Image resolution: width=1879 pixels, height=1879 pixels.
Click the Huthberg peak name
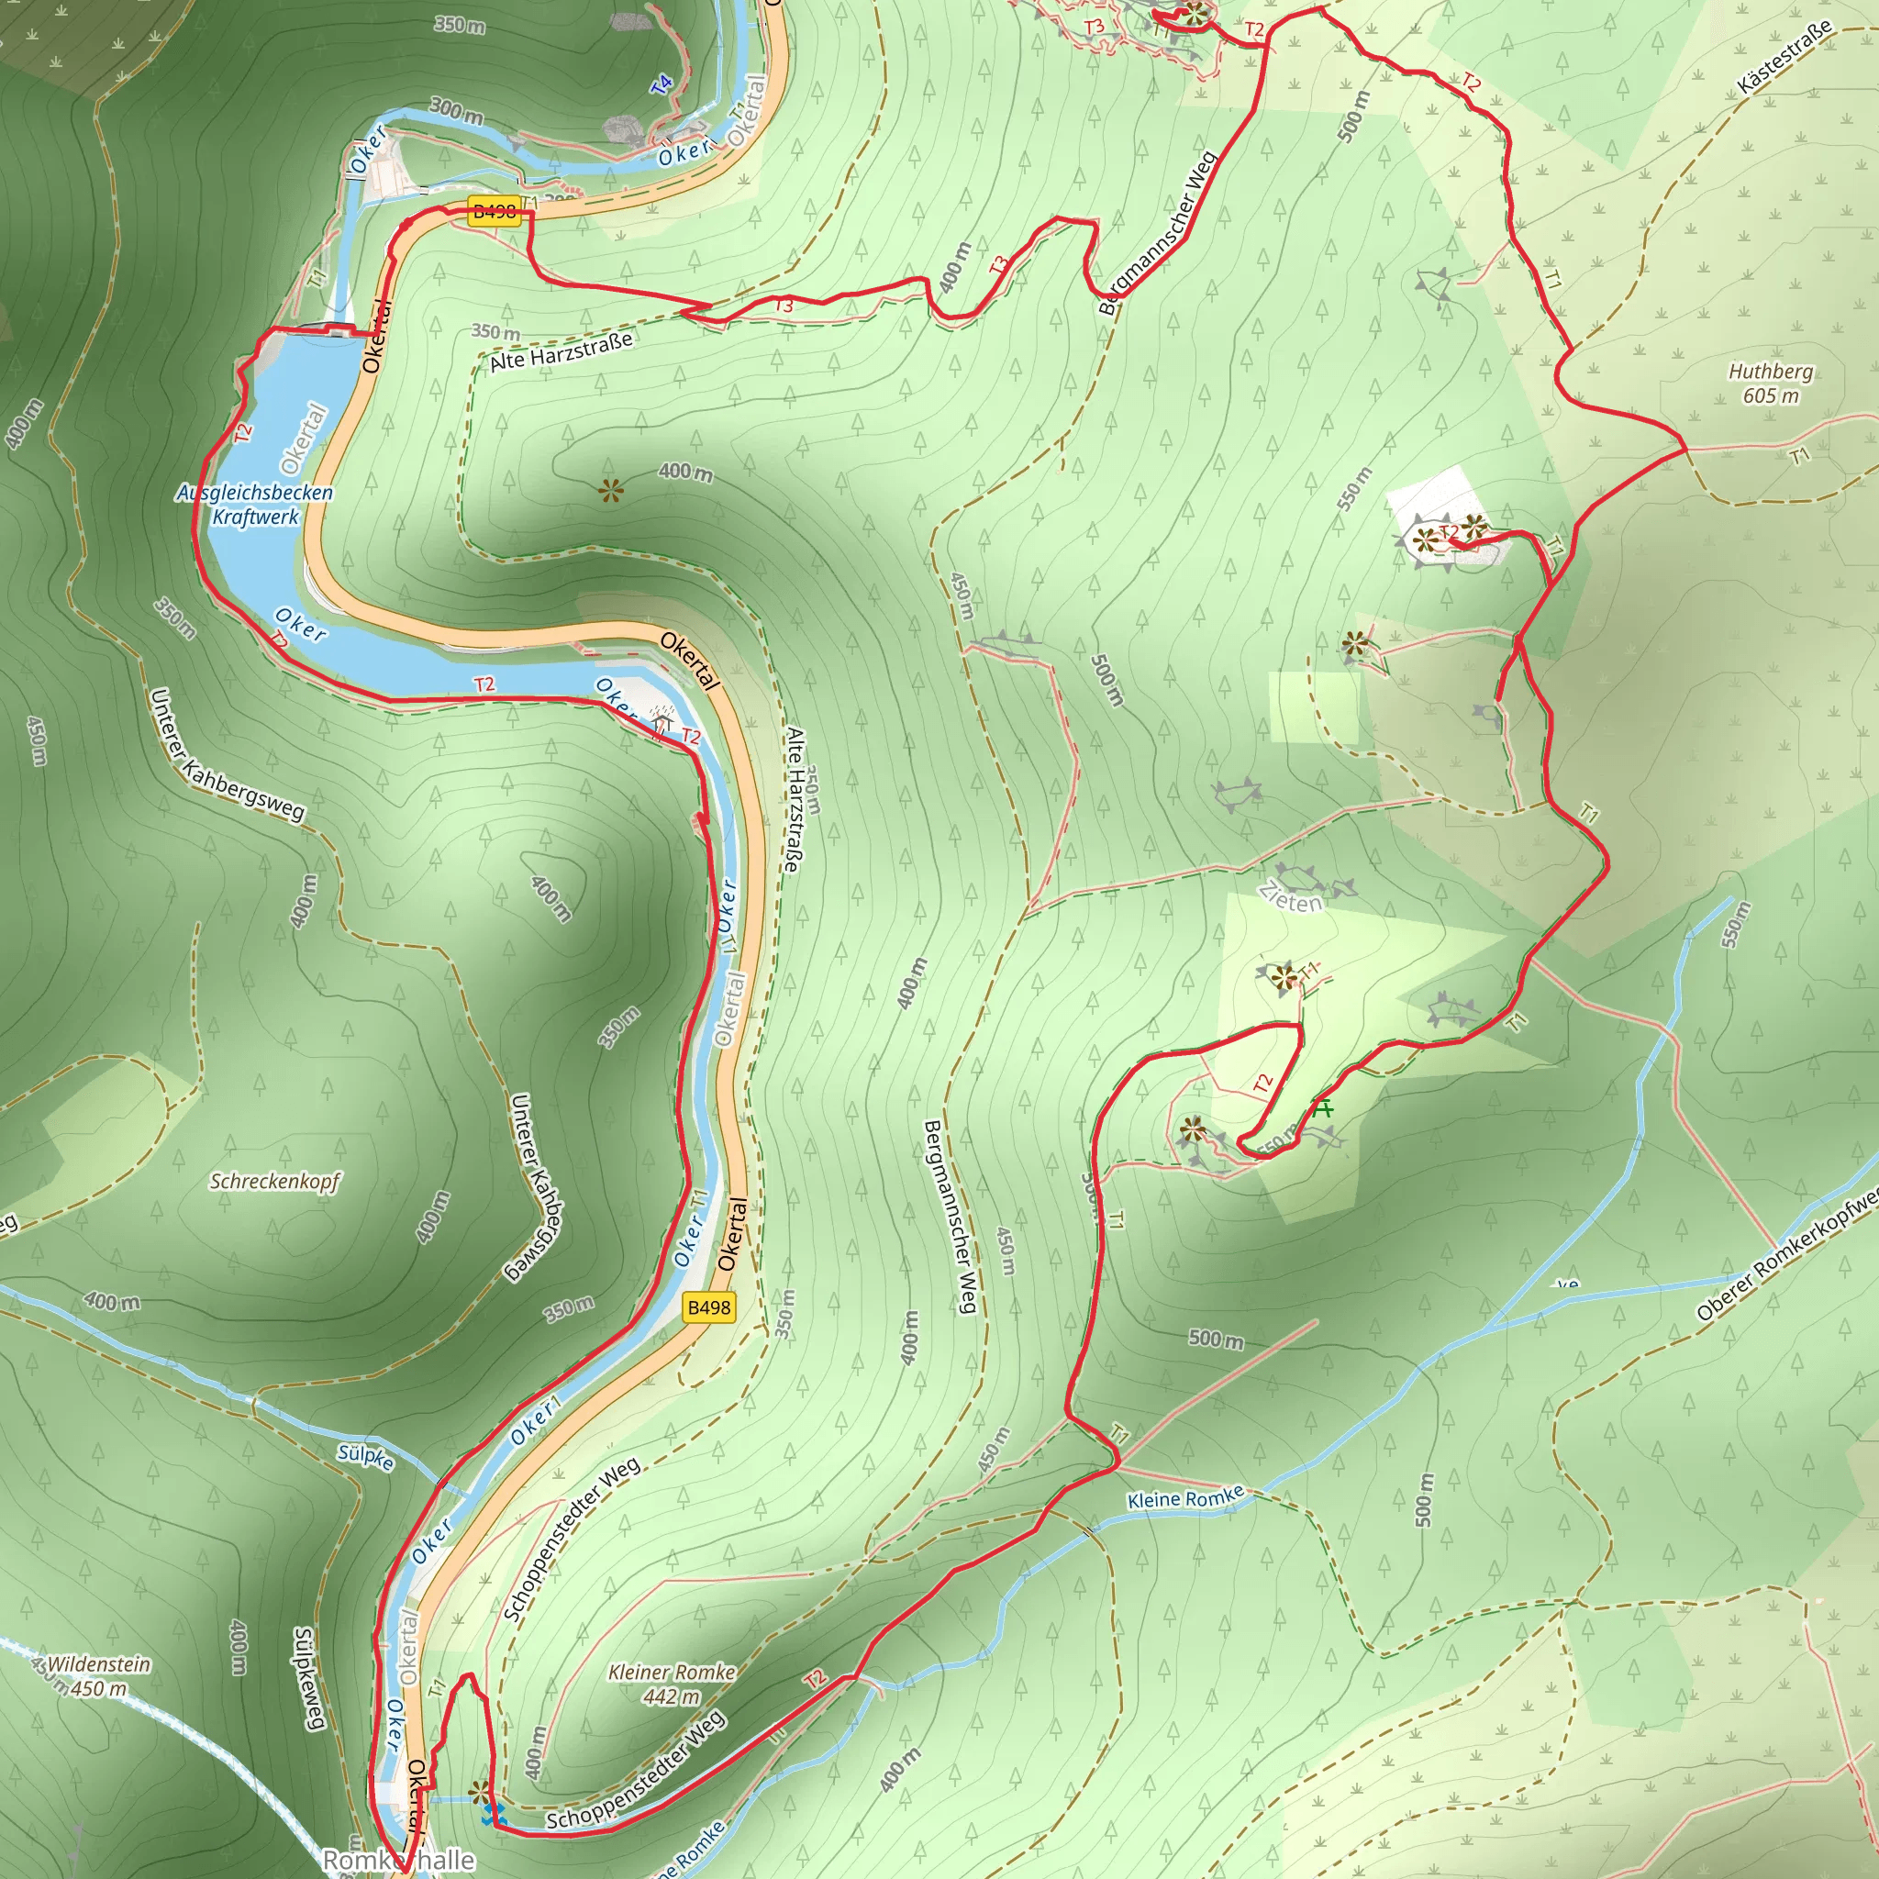pos(1770,372)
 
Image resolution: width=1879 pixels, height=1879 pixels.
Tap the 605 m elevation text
pos(1770,395)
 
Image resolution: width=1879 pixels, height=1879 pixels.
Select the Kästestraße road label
pos(1784,59)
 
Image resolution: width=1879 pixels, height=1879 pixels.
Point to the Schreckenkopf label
pos(275,1182)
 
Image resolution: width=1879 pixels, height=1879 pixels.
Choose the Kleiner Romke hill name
pos(671,1672)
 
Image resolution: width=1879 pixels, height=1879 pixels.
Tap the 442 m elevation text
pos(671,1696)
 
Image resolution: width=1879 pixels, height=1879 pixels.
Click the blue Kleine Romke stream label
pos(1185,1499)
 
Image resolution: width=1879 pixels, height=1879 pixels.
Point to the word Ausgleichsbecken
pos(255,493)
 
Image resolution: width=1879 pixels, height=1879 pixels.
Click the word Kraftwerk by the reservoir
pos(256,517)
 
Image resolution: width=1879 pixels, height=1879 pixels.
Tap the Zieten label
pos(1291,896)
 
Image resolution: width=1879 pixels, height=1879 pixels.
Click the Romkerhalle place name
pos(399,1861)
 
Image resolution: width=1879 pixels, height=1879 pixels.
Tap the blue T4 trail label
pos(662,84)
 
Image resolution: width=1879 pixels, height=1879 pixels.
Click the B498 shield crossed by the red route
pos(495,211)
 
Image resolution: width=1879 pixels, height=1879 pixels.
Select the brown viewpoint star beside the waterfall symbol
pos(479,1792)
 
